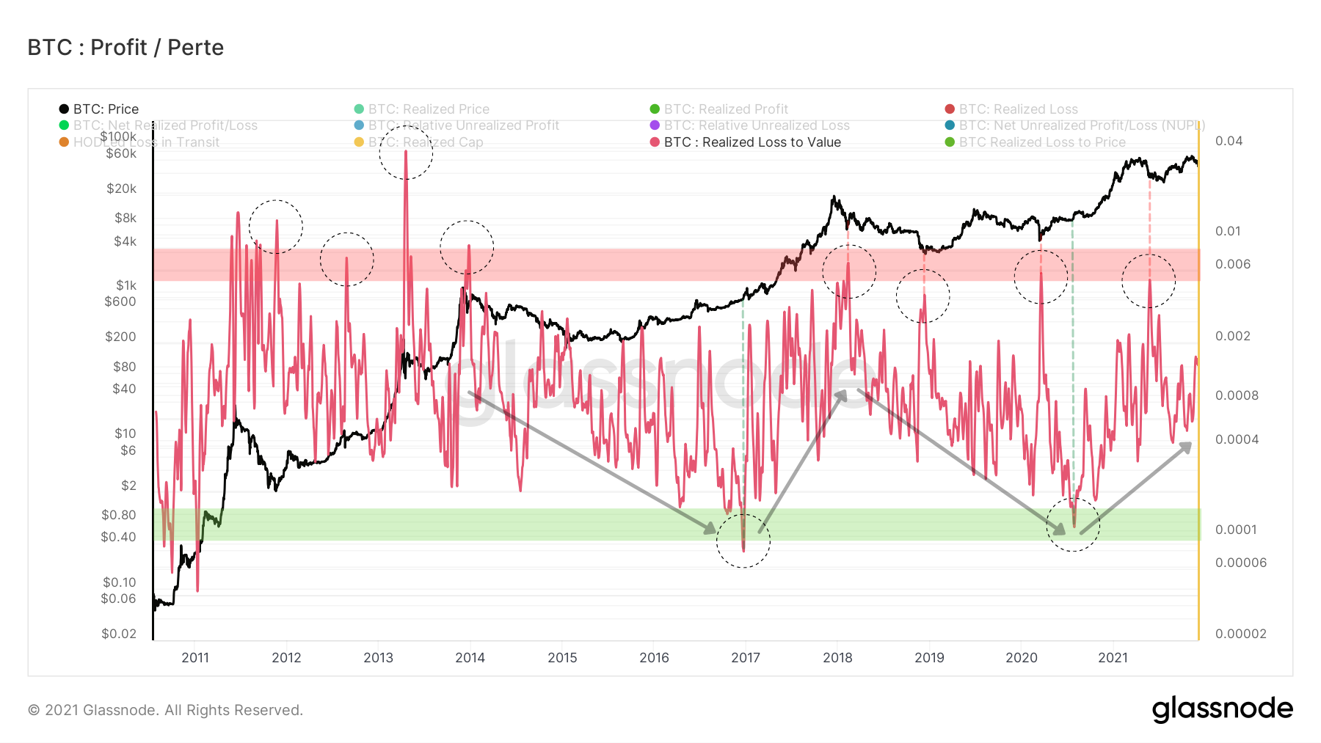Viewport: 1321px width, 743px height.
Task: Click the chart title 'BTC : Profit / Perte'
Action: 125,48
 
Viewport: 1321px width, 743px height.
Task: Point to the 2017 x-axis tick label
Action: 746,658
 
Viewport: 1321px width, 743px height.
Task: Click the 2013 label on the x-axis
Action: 378,658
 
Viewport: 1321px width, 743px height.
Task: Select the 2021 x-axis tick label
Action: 1113,658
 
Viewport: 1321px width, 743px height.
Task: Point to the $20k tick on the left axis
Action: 121,189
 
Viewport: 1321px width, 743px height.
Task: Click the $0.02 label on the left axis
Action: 119,634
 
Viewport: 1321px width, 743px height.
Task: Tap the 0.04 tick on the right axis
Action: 1229,141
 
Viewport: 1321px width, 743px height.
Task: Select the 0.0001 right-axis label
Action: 1236,530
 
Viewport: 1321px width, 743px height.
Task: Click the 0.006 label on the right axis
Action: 1232,264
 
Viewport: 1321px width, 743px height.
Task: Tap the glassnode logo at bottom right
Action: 1222,709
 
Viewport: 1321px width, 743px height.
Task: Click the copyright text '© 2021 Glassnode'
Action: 165,710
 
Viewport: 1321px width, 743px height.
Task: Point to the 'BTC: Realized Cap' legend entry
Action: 425,142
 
